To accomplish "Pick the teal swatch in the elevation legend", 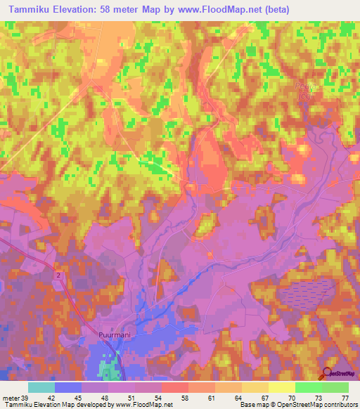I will [x=41, y=387].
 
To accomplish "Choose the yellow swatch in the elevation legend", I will [x=282, y=387].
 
